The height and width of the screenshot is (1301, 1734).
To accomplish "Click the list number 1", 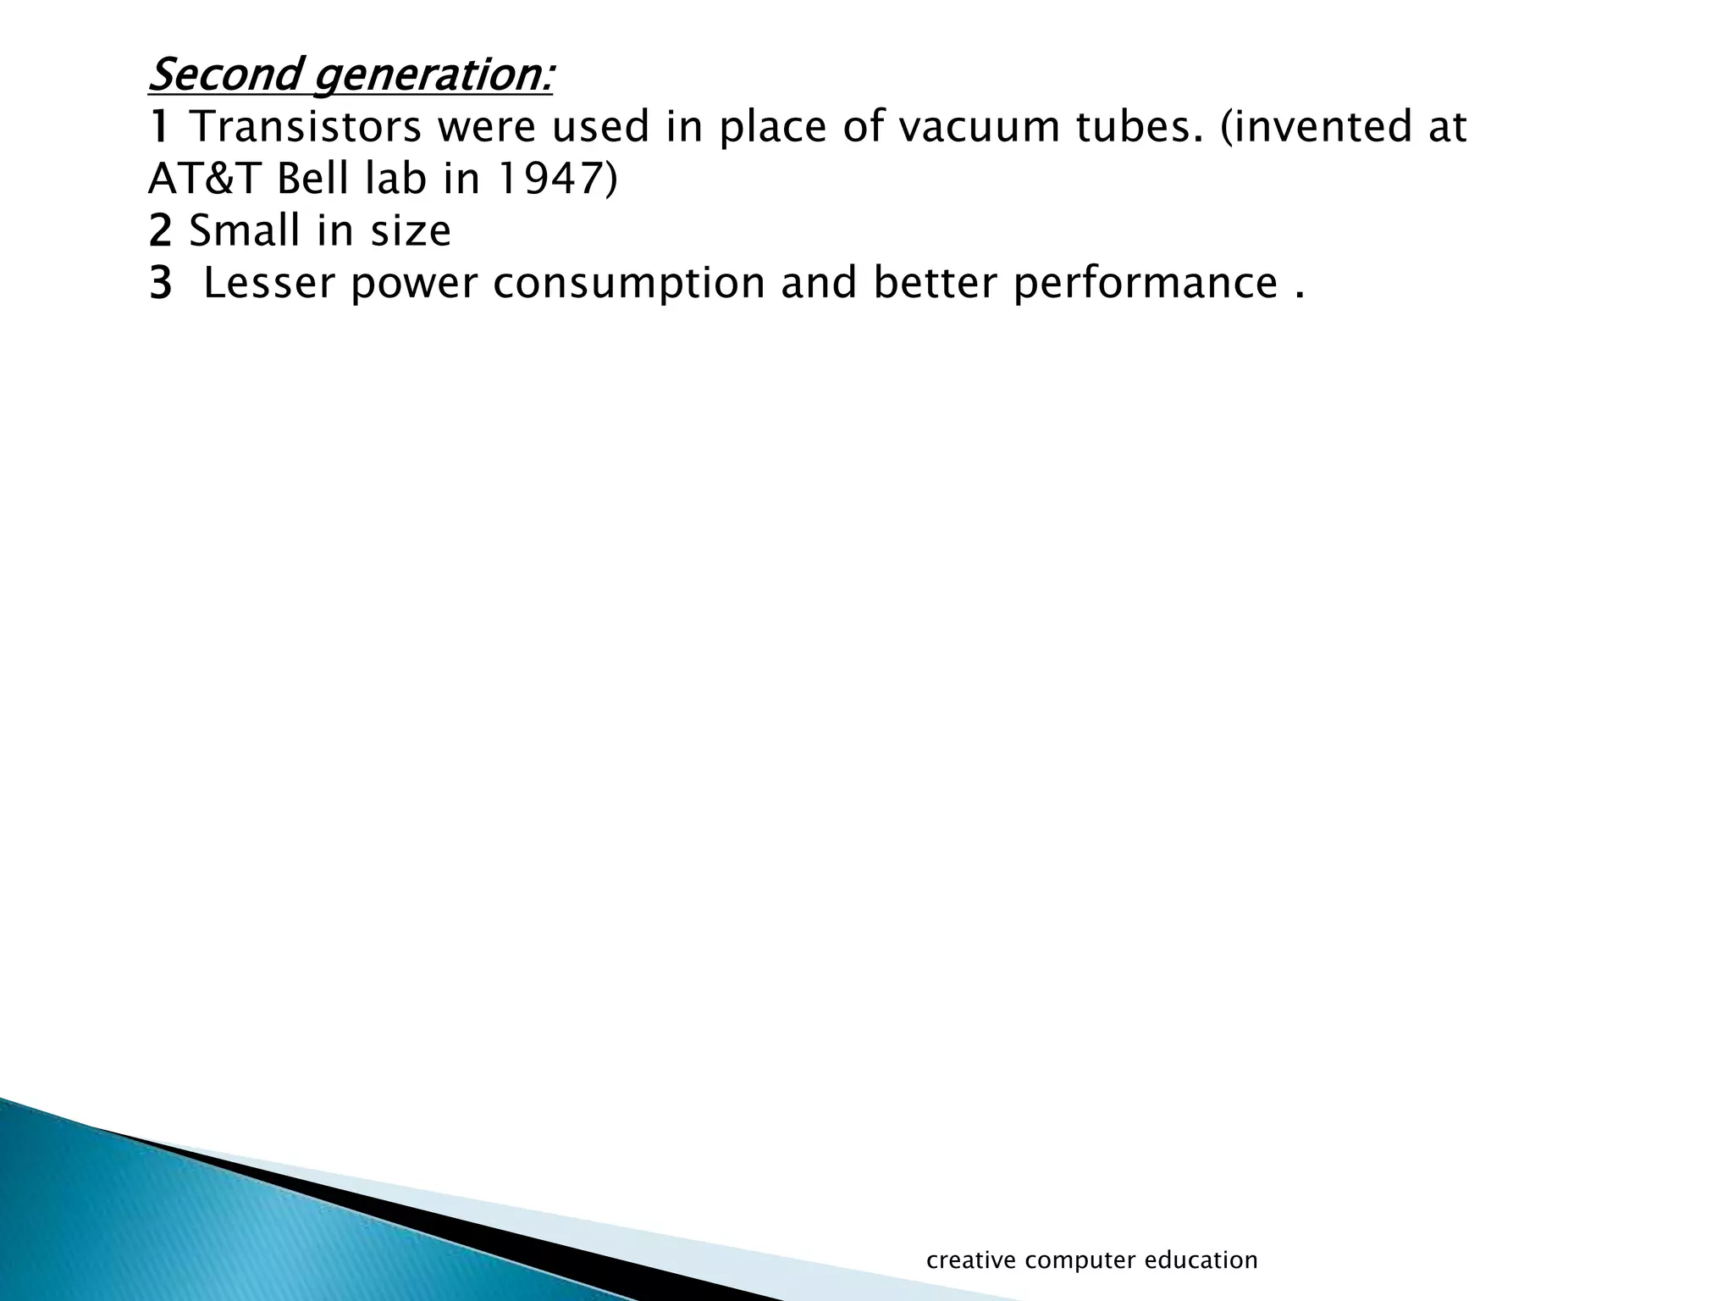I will [159, 127].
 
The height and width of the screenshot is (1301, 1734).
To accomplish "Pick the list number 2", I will [159, 231].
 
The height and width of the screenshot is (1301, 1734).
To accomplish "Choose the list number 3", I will [159, 284].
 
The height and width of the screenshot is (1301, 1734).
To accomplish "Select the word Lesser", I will [269, 284].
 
